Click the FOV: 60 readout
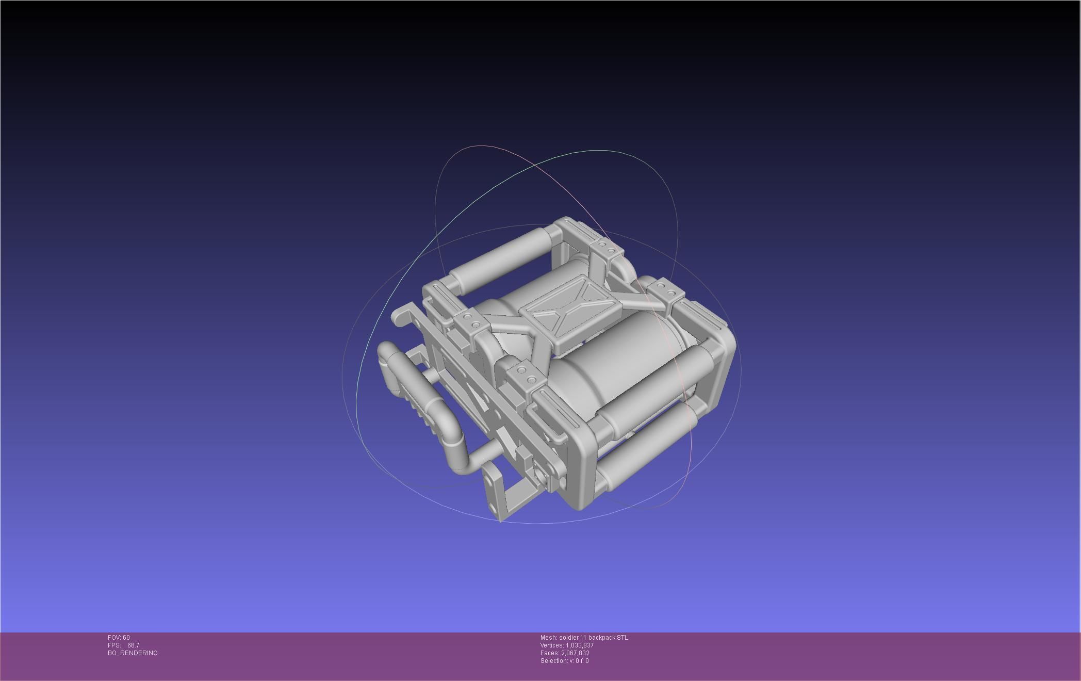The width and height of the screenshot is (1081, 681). click(x=119, y=638)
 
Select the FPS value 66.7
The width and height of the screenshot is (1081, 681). click(x=133, y=645)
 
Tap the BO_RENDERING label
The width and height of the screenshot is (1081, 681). click(x=133, y=653)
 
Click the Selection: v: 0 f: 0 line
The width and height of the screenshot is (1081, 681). click(x=564, y=661)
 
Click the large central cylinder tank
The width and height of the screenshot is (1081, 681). click(x=609, y=371)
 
